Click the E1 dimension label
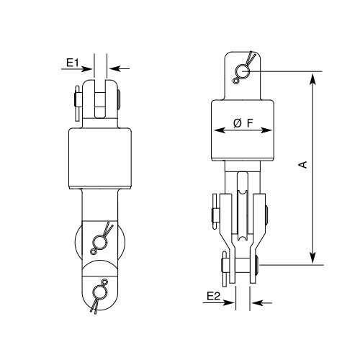(71, 63)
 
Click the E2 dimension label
(213, 297)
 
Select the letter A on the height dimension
(303, 166)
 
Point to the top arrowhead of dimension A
(312, 76)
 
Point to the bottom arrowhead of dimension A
(312, 260)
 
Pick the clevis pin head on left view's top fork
(76, 103)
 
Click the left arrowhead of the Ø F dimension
(216, 130)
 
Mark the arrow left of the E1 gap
(88, 69)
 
